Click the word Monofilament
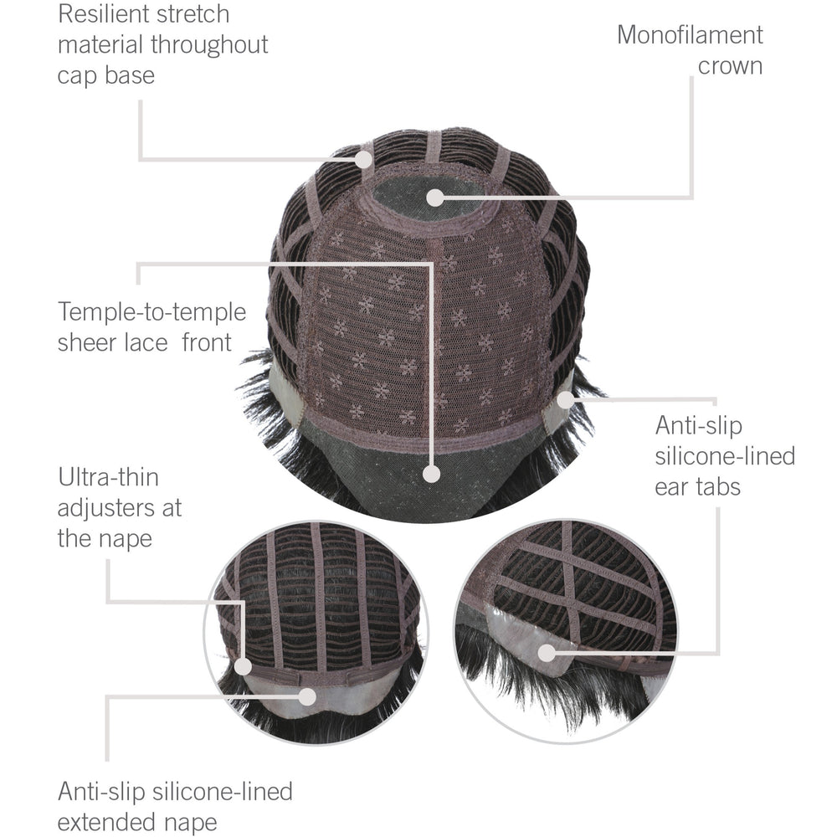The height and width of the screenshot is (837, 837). (x=690, y=35)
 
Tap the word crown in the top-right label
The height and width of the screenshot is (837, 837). (x=730, y=66)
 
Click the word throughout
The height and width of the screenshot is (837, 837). (x=209, y=44)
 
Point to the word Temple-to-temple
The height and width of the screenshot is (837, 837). (x=152, y=312)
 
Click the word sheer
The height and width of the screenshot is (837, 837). (x=87, y=342)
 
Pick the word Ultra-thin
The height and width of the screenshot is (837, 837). (x=108, y=477)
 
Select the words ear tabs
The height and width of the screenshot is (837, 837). (x=698, y=487)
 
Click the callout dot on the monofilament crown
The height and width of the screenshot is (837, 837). (x=435, y=198)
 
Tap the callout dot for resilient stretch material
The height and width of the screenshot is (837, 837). (x=364, y=159)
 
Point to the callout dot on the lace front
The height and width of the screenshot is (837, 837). (x=431, y=474)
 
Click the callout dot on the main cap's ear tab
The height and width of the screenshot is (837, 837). (x=565, y=399)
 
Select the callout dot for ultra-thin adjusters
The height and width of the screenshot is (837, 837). (x=243, y=666)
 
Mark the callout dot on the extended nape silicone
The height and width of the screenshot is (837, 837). (x=307, y=696)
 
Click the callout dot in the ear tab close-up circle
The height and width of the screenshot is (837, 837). (x=546, y=652)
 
